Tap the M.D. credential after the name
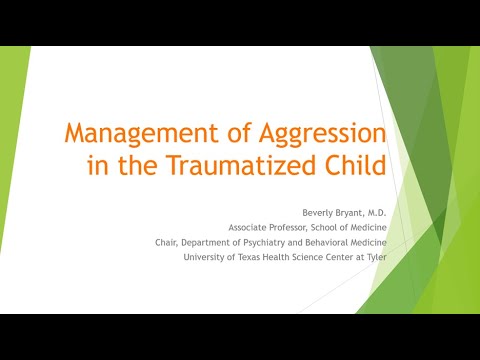click(372, 213)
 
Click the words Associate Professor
click(264, 227)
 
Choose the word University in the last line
click(206, 256)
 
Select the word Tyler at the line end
click(374, 256)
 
